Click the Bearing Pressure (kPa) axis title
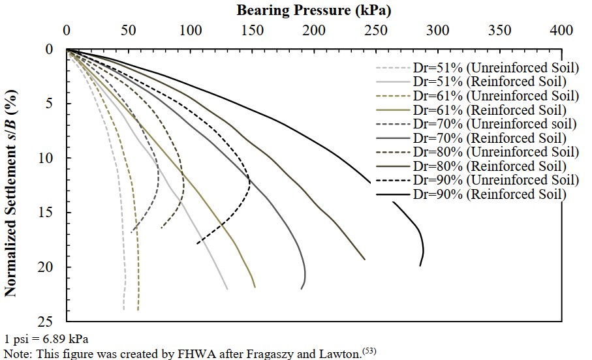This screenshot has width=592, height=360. [x=314, y=10]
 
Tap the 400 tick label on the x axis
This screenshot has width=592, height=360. [x=561, y=31]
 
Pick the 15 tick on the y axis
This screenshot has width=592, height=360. [x=52, y=212]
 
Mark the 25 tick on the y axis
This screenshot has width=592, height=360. [x=52, y=321]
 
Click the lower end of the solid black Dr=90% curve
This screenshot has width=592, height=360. [x=420, y=265]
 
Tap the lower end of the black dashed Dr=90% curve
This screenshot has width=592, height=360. [x=197, y=243]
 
